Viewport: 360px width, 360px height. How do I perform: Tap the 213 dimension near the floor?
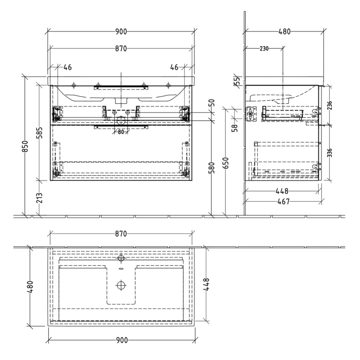click(x=40, y=197)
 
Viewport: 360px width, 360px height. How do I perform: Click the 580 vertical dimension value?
click(x=212, y=167)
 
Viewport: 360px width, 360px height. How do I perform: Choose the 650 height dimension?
click(x=226, y=164)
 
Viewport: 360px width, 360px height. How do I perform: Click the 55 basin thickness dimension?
click(x=237, y=80)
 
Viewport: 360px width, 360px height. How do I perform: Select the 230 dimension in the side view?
click(x=264, y=49)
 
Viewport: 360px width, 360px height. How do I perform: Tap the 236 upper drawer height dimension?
click(x=330, y=105)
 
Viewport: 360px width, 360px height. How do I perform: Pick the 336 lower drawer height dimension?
click(x=330, y=153)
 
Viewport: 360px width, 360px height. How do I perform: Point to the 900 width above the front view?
click(x=121, y=32)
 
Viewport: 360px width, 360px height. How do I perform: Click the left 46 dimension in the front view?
click(x=67, y=67)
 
